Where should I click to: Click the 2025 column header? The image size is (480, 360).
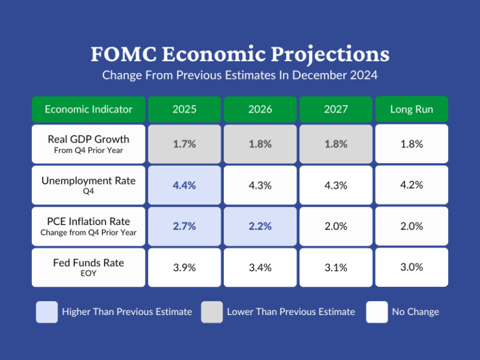tap(184, 109)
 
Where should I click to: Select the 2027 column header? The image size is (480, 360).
tap(336, 109)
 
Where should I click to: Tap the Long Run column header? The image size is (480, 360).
tap(411, 109)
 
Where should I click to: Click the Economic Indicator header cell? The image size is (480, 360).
tap(88, 109)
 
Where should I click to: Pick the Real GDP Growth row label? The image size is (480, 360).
tap(88, 144)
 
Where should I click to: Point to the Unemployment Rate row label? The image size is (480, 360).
tap(88, 185)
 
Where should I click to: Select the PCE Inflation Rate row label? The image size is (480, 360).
tap(88, 226)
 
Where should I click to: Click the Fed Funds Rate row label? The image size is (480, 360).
tap(88, 267)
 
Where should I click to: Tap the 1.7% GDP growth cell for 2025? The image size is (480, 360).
tap(184, 144)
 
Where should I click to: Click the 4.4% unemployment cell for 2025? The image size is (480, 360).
tap(184, 185)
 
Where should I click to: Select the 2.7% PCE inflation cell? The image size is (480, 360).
tap(184, 226)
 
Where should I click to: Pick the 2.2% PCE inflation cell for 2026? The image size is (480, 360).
tap(260, 226)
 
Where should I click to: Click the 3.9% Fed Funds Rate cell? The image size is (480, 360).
tap(184, 267)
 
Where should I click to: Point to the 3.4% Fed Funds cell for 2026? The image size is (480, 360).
tap(260, 267)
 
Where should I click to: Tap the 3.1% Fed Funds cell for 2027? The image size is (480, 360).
tap(336, 267)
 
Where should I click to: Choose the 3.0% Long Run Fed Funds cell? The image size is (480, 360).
tap(411, 267)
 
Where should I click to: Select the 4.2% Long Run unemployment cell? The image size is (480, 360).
tap(411, 185)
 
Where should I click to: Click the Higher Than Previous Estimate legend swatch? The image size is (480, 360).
tap(47, 312)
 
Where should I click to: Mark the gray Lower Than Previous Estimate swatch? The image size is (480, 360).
tap(212, 312)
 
